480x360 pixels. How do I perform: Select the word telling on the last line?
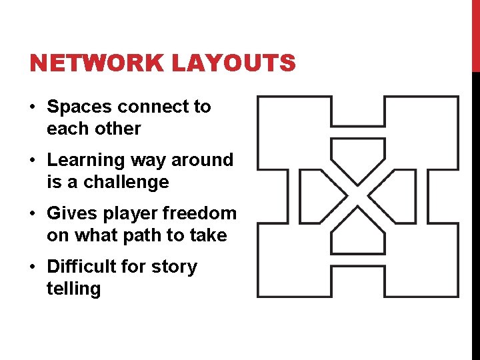pos(73,289)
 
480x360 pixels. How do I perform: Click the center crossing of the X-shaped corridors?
pos(358,197)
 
